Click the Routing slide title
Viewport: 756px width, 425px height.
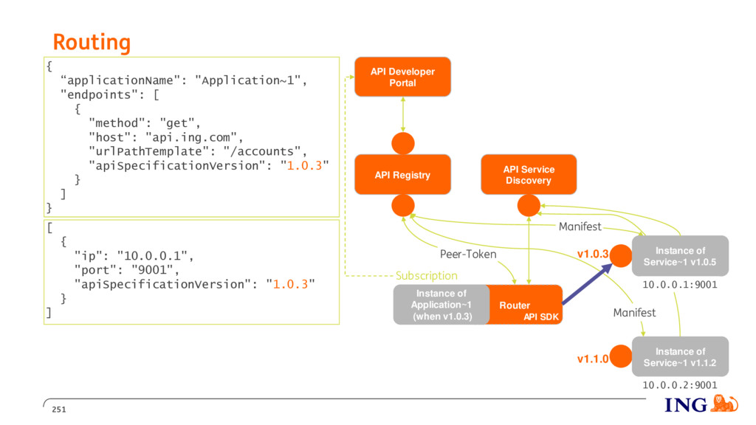pos(92,42)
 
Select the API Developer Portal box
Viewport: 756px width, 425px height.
pos(402,77)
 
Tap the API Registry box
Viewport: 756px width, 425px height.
pos(402,175)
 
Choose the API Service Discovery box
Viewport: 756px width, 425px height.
pos(529,174)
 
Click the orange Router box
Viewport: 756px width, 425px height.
pos(525,305)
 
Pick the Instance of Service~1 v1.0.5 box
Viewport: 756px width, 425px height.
pos(680,256)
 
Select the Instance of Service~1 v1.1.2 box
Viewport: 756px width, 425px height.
pos(680,356)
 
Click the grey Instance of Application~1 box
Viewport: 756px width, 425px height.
pos(441,305)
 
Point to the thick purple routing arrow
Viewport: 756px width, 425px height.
pos(587,284)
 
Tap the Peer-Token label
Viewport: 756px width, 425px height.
pos(467,254)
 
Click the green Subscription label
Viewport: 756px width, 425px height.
pos(427,276)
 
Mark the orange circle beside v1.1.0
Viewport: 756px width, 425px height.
pos(620,356)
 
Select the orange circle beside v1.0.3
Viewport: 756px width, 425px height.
pos(621,255)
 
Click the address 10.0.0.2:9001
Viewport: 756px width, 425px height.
pos(680,385)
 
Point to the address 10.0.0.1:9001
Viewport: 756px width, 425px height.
pos(680,285)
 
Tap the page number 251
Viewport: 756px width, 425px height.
pos(59,410)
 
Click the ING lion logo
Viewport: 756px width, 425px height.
pos(724,404)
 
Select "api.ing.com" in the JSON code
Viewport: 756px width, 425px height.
pos(191,137)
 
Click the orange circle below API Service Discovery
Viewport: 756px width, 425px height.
pos(529,206)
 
